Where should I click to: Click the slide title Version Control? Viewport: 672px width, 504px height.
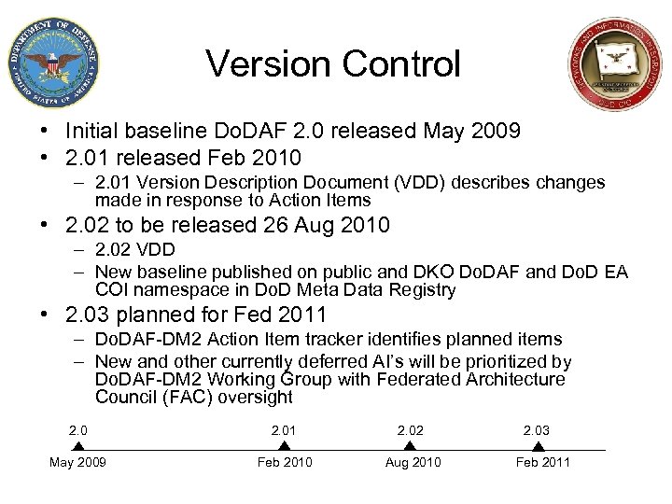point(333,64)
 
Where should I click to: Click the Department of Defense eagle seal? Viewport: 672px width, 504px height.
point(52,63)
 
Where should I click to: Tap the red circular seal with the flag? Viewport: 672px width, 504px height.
point(613,65)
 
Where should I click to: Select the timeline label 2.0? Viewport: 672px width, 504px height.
point(78,429)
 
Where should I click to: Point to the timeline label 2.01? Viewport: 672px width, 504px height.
point(284,429)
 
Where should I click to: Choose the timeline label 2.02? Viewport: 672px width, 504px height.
point(410,429)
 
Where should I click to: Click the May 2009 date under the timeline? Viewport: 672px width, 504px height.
point(78,463)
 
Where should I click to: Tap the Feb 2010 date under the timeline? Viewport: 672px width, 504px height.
point(284,463)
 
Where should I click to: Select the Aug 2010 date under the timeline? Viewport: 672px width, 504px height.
point(412,463)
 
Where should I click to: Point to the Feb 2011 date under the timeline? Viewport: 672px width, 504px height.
point(542,463)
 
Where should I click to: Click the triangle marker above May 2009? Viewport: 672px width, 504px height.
point(78,446)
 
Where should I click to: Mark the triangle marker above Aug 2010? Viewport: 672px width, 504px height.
point(410,446)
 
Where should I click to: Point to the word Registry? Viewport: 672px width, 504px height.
point(426,290)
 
